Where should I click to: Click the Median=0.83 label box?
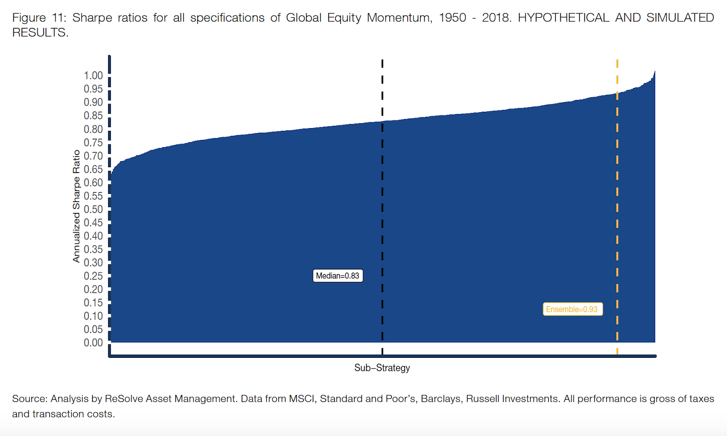338,276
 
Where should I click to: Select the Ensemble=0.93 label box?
572,309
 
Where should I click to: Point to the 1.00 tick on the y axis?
93,75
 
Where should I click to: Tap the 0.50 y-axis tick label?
93,209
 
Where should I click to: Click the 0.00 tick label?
93,343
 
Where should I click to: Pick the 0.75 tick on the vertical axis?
93,143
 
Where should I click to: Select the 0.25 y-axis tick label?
93,276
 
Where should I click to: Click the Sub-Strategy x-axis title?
382,368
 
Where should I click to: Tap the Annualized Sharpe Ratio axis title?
76,206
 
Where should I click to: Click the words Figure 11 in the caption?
39,18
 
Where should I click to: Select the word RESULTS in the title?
39,33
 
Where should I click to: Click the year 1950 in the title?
452,18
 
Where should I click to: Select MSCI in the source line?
302,399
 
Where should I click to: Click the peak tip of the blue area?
654,72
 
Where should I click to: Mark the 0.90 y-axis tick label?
93,102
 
